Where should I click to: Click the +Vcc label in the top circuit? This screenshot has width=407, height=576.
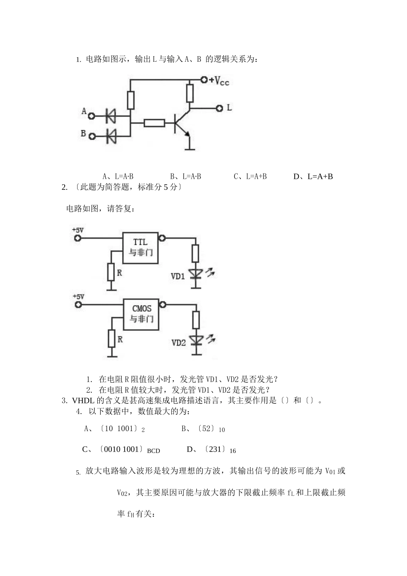point(219,81)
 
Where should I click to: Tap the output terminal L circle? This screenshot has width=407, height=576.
point(219,108)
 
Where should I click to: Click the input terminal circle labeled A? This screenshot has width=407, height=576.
point(91,115)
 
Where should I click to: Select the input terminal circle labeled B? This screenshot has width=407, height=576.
point(91,136)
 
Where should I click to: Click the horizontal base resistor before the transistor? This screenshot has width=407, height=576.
point(154,123)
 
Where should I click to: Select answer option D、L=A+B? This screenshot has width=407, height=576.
point(313,176)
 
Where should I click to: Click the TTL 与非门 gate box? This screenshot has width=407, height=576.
point(141,248)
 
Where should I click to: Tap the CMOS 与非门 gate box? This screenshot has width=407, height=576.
point(141,314)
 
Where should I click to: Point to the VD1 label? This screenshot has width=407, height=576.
point(178,276)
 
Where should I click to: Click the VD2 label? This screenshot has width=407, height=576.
point(178,342)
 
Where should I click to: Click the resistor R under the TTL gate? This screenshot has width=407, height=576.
point(111,273)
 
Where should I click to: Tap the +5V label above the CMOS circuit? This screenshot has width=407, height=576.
point(78,296)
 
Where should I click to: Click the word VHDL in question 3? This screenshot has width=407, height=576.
point(81,401)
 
